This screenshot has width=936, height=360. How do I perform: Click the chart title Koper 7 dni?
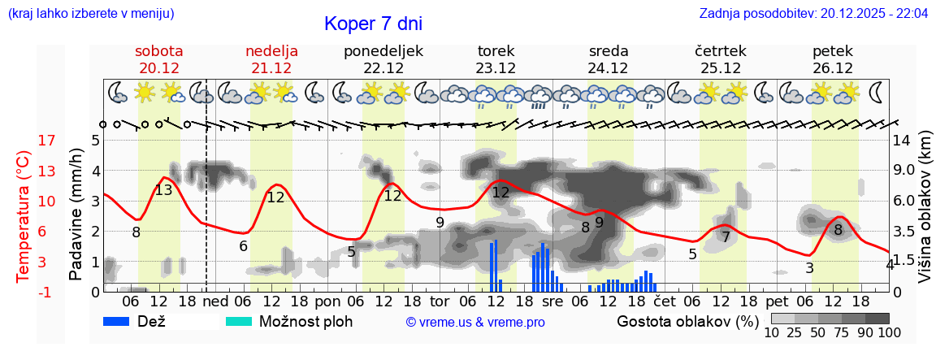(373, 24)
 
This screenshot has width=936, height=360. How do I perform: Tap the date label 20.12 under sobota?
(159, 68)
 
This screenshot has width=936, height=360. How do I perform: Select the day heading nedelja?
(271, 51)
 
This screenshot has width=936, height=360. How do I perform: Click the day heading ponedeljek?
(383, 51)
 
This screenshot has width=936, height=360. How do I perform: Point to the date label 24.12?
(609, 68)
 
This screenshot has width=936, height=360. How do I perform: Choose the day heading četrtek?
(721, 51)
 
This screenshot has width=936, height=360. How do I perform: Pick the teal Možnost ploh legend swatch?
(239, 321)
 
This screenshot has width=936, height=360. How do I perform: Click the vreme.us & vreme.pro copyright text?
(475, 322)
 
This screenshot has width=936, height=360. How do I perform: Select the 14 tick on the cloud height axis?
(901, 141)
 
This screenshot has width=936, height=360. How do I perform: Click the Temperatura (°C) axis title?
(23, 215)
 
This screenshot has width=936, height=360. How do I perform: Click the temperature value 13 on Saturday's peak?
(163, 190)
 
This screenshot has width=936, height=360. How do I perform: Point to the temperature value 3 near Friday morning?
(809, 268)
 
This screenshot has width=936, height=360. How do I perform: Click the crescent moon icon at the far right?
(876, 92)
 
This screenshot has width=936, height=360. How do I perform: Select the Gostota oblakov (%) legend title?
(687, 321)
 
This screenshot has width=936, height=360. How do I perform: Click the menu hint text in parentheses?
(90, 14)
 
